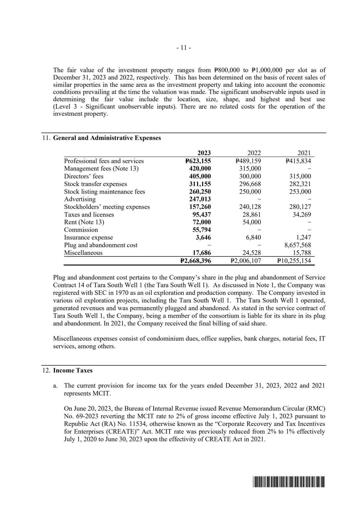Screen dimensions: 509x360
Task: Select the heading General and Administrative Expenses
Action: [107, 138]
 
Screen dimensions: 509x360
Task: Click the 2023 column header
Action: [204, 153]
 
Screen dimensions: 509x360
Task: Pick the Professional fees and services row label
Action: [104, 161]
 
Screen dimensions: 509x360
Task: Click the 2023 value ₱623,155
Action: [198, 161]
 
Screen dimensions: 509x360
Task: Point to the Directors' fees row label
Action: [83, 176]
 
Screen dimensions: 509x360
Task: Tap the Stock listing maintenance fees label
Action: [104, 191]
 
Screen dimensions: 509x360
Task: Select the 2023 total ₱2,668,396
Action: [195, 261]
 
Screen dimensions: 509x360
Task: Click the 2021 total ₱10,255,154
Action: [294, 261]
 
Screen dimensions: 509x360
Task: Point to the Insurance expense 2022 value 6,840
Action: [253, 237]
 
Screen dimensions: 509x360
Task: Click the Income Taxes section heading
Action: [73, 370]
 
